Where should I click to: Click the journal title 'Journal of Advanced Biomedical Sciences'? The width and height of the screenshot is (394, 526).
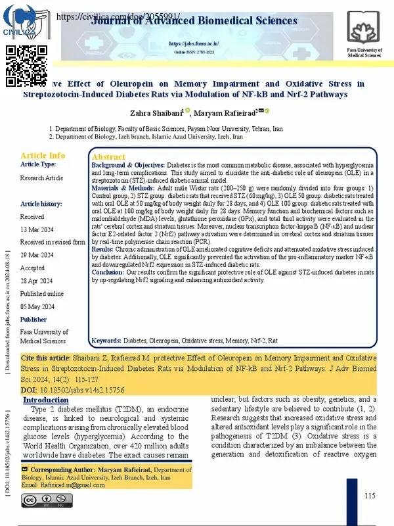tap(194, 21)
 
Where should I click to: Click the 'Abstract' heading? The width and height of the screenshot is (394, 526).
tap(108, 157)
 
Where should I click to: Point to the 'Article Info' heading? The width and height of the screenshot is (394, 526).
tap(43, 155)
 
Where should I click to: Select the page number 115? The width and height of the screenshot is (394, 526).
tap(370, 495)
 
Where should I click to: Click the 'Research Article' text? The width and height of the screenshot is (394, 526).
tap(42, 178)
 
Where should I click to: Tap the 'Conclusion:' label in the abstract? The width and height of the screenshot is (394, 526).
tap(108, 272)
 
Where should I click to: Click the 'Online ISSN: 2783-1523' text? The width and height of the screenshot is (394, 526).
tap(194, 51)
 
